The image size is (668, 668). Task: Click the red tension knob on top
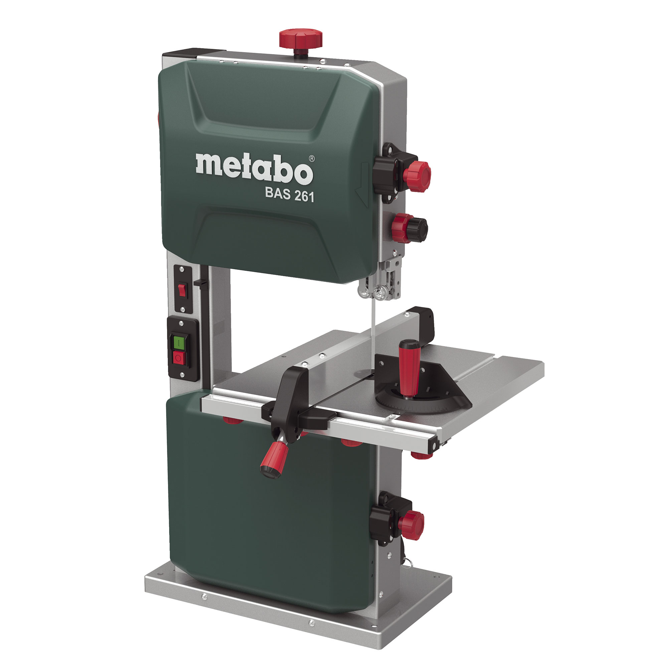[x=301, y=38]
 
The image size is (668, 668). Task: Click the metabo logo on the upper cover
[x=254, y=169]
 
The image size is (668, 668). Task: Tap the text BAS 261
[x=289, y=195]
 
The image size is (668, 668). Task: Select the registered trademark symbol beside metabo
[x=312, y=159]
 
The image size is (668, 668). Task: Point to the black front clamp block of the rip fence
[x=290, y=401]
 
